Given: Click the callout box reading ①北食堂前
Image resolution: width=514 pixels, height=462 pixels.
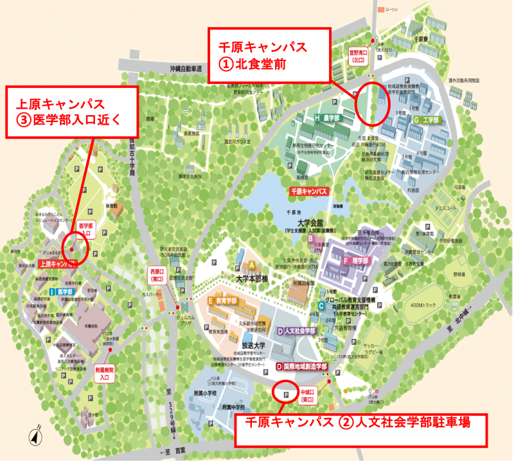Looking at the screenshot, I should tap(269, 55).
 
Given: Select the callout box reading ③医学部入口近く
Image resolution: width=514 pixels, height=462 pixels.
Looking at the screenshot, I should tap(72, 111).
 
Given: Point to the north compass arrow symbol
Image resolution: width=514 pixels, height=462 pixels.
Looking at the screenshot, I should tap(33, 437).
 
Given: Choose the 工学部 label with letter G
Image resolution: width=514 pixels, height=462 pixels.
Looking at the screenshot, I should tap(427, 120).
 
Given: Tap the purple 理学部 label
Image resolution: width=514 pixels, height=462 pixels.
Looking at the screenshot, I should tap(357, 261).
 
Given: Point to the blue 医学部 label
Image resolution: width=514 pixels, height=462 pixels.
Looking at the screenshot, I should tap(63, 291).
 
